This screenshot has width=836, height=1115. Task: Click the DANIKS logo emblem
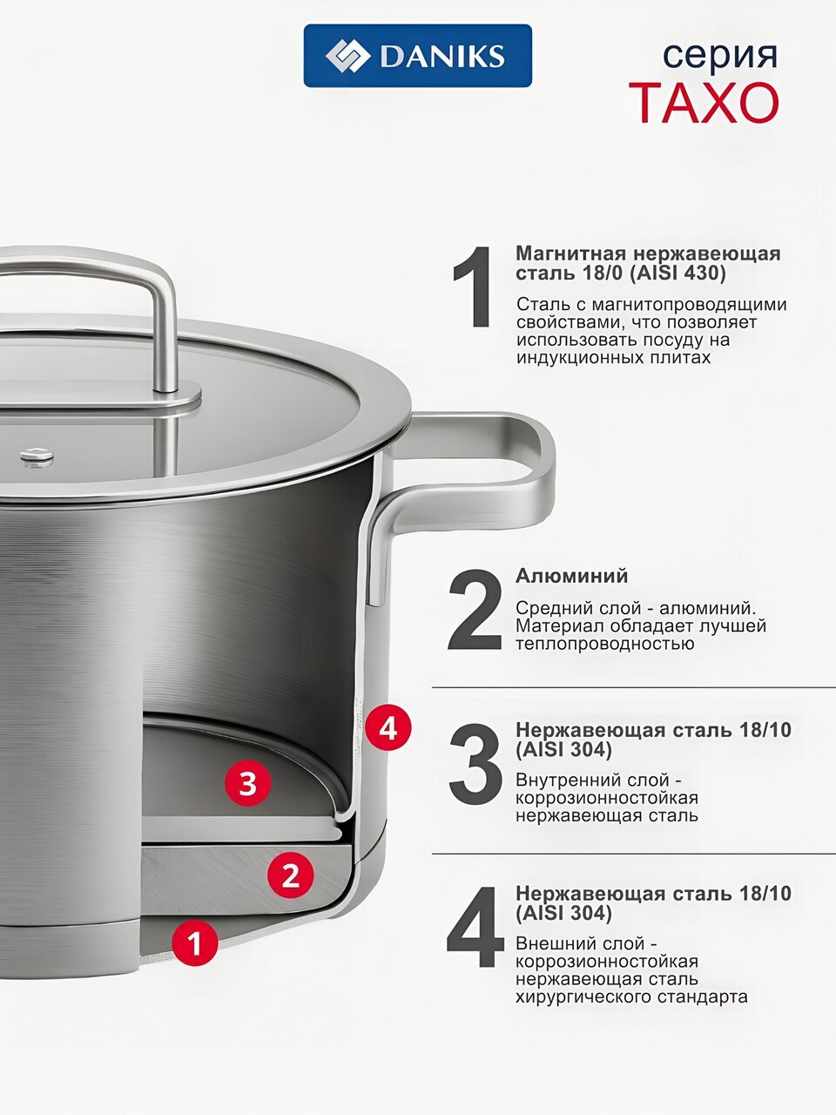347,56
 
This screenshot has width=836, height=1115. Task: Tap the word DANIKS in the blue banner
443,56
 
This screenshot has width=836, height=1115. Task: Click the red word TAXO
704,103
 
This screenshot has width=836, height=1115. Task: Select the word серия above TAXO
720,56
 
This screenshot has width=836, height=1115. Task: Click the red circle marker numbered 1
195,943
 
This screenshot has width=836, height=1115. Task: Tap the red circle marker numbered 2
290,875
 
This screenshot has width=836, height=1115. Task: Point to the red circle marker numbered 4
388,730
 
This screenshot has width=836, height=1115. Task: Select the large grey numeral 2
475,611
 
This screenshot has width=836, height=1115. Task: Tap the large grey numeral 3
475,764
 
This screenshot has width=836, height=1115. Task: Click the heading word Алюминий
571,576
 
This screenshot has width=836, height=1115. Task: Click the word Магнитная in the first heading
571,253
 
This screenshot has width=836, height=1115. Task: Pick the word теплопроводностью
605,644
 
